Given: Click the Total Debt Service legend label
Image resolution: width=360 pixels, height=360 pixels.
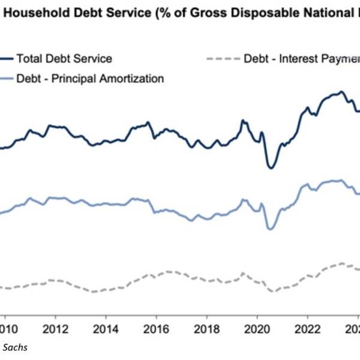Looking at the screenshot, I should [x=64, y=58].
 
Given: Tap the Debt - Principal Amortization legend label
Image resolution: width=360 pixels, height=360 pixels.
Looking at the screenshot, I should [x=90, y=78].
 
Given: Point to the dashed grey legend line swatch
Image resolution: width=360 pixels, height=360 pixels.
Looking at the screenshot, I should [x=221, y=59].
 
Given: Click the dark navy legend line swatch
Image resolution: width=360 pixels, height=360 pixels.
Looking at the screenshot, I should [x=6, y=58].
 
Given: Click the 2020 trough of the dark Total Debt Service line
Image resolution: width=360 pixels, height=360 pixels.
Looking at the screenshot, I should [x=270, y=167].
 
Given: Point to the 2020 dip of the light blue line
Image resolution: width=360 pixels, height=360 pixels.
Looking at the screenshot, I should [x=270, y=229].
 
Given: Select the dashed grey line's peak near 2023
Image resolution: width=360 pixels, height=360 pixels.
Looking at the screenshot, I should [x=342, y=263].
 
